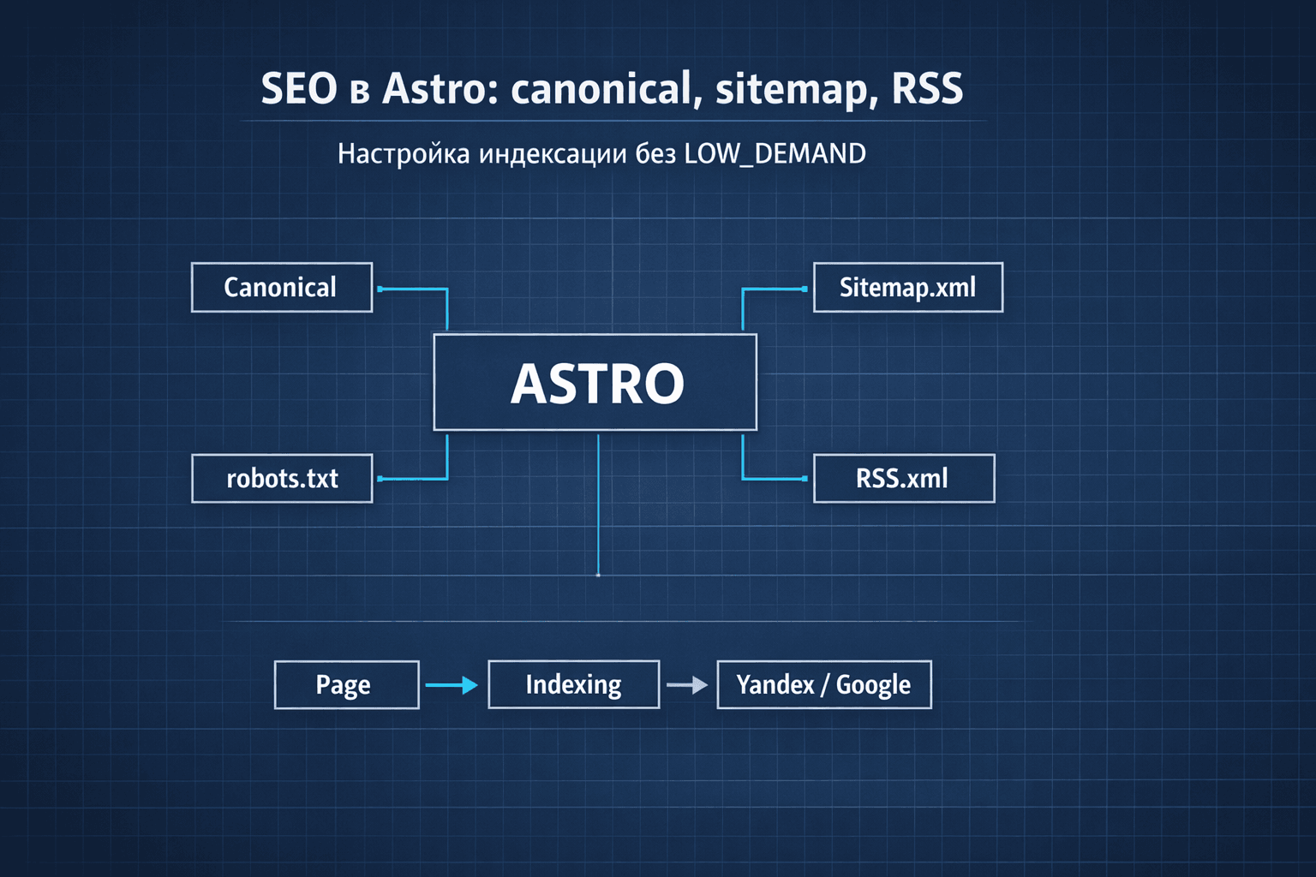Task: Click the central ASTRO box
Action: (x=595, y=382)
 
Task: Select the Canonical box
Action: (x=282, y=288)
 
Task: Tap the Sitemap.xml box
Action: (x=907, y=288)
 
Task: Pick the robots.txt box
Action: (x=282, y=479)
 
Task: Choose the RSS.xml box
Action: (x=903, y=479)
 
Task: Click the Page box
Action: (x=346, y=685)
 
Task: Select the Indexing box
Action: (x=573, y=685)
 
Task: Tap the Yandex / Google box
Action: (x=823, y=685)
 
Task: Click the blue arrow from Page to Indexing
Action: (x=452, y=685)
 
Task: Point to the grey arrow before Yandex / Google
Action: (x=687, y=685)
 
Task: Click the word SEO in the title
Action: (x=299, y=89)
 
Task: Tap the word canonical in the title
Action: (x=602, y=89)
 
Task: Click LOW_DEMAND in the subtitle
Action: (x=775, y=154)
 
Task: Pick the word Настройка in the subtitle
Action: (x=404, y=154)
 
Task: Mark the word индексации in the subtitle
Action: (x=553, y=154)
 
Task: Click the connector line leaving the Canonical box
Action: (x=413, y=289)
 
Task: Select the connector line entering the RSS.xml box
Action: (x=774, y=479)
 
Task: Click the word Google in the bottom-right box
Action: (x=873, y=685)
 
